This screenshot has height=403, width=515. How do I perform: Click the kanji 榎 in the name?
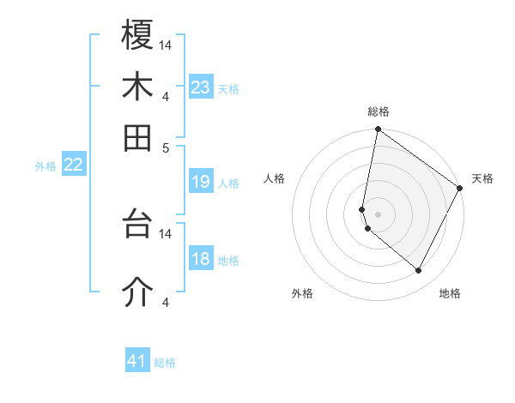138,35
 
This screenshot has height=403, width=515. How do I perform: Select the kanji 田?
138,137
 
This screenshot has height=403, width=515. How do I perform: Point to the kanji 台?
138,225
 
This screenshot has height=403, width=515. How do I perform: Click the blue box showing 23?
201,87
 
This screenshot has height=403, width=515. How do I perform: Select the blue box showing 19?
201,182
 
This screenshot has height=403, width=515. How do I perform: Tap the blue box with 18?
201,259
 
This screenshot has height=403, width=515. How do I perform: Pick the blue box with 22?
74,165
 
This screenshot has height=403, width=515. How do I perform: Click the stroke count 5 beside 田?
166,147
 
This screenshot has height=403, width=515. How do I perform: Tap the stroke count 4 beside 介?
166,303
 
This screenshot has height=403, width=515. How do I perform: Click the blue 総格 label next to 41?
165,363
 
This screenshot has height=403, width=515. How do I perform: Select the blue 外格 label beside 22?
45,166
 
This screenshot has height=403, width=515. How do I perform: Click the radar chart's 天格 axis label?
482,178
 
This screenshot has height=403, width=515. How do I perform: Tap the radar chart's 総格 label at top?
379,112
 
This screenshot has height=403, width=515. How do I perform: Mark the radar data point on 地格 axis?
419,271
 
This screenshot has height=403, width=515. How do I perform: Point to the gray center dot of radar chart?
379,214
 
